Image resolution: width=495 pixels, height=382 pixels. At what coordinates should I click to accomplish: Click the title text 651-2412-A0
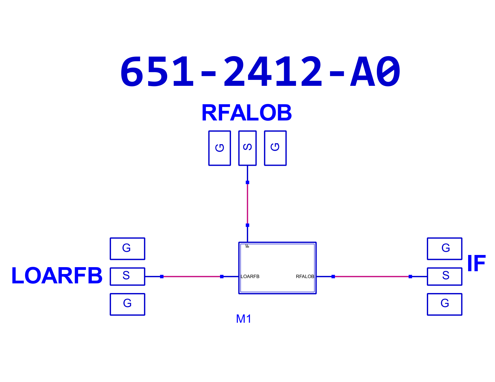(260, 71)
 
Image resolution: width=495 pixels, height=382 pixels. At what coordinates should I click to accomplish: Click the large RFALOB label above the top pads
(247, 112)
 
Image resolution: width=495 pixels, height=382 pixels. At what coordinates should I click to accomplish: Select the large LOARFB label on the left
(57, 275)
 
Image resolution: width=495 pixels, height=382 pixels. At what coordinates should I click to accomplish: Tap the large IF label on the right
(476, 263)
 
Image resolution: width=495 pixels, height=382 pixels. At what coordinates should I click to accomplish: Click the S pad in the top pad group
(247, 148)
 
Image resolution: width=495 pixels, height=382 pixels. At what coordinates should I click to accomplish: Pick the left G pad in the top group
(220, 148)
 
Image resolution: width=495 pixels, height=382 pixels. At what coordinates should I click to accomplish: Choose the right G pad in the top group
(275, 148)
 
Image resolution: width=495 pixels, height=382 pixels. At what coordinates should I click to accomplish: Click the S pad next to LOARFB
(127, 277)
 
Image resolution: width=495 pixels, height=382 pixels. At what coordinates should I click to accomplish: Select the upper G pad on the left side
(127, 249)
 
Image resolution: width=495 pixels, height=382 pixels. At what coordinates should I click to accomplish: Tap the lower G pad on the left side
(127, 304)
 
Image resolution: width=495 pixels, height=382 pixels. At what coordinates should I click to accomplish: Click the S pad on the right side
(444, 277)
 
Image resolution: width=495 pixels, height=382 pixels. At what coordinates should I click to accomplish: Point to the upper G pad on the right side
(444, 249)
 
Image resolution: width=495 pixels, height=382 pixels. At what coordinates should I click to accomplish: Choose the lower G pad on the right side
(444, 304)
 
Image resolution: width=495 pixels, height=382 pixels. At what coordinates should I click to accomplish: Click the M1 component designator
(243, 319)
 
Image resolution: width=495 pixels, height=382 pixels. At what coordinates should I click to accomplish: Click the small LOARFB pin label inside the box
(250, 277)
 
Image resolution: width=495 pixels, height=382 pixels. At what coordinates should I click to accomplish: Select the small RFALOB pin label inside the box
(305, 277)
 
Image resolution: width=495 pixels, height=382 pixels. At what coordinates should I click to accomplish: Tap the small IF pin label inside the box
(247, 246)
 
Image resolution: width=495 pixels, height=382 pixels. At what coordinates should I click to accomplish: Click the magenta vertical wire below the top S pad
(247, 204)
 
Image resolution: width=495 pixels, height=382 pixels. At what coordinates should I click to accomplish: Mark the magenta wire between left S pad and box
(192, 277)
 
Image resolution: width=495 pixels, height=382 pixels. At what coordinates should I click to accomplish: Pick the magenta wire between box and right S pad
(372, 277)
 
